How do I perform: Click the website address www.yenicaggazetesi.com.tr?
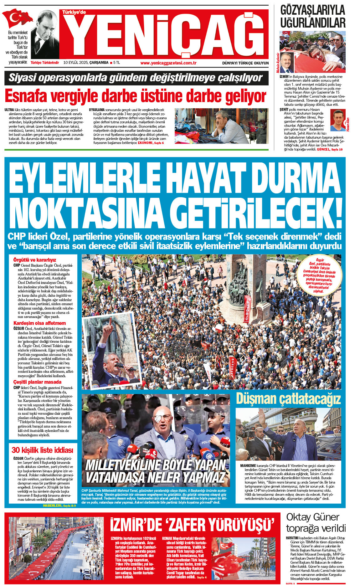coord(168,63)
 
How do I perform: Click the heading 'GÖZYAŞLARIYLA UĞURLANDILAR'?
coord(312,17)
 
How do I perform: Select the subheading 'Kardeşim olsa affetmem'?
coord(39,323)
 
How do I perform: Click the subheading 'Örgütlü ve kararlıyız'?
coord(34,260)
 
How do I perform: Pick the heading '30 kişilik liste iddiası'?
coord(42,450)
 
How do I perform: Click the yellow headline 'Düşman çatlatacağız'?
coord(288,399)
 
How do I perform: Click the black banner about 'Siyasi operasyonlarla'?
coord(136,78)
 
